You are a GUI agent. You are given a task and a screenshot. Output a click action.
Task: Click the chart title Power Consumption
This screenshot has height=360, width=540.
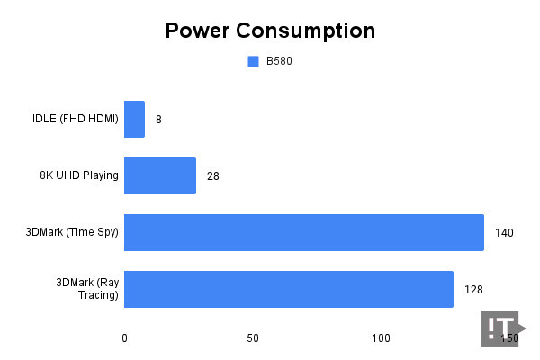[x=270, y=31]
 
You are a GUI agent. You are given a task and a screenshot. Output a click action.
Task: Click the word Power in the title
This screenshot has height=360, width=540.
[x=199, y=31]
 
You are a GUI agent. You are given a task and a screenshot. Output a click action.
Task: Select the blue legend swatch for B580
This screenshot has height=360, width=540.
[x=253, y=62]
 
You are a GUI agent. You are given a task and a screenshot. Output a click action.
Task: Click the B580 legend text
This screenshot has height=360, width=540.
[x=278, y=62]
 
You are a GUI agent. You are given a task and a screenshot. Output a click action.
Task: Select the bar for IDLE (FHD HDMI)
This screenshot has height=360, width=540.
[x=134, y=119]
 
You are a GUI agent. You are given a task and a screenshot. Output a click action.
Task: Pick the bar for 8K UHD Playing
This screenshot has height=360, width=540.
[x=160, y=175]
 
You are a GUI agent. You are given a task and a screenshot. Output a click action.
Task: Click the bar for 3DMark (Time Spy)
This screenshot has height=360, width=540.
[x=304, y=232]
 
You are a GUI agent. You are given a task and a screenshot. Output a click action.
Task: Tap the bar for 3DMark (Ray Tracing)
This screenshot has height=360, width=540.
[x=289, y=289]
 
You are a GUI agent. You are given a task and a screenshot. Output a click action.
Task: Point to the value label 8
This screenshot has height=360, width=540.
[x=158, y=119]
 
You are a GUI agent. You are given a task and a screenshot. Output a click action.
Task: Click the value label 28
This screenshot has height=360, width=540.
[x=212, y=175]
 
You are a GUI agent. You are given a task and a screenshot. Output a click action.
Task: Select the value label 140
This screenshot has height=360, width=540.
[x=504, y=232]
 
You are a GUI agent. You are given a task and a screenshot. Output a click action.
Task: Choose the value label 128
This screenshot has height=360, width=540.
[x=473, y=289]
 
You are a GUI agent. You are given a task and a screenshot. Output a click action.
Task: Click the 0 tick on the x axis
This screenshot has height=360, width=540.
[x=124, y=338]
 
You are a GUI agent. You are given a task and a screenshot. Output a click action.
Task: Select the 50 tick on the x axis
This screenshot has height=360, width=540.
[x=253, y=338]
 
